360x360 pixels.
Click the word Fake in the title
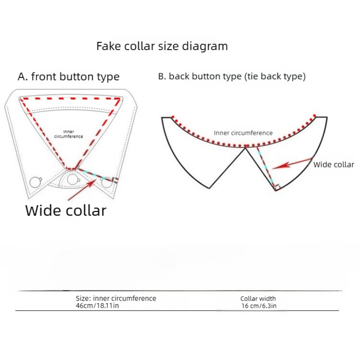[108, 46]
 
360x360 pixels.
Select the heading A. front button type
[69, 76]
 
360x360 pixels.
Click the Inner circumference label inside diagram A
[69, 134]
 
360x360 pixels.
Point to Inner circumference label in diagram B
[243, 133]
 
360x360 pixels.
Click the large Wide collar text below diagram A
[66, 211]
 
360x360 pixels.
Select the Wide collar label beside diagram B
[333, 165]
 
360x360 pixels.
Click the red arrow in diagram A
[82, 190]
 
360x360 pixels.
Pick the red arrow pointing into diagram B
[292, 163]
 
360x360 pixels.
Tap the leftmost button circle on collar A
[36, 183]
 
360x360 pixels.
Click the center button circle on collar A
[72, 180]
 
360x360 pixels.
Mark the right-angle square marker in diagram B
[278, 187]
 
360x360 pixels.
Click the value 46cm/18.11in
[97, 306]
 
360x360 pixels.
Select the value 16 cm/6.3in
[259, 306]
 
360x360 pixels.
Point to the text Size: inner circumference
[116, 298]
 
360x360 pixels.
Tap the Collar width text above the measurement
[258, 298]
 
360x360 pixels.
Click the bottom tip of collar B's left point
[209, 188]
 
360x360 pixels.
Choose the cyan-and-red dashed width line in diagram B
[266, 167]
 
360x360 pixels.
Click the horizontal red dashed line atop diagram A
[70, 99]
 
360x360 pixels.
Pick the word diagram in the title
[205, 47]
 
